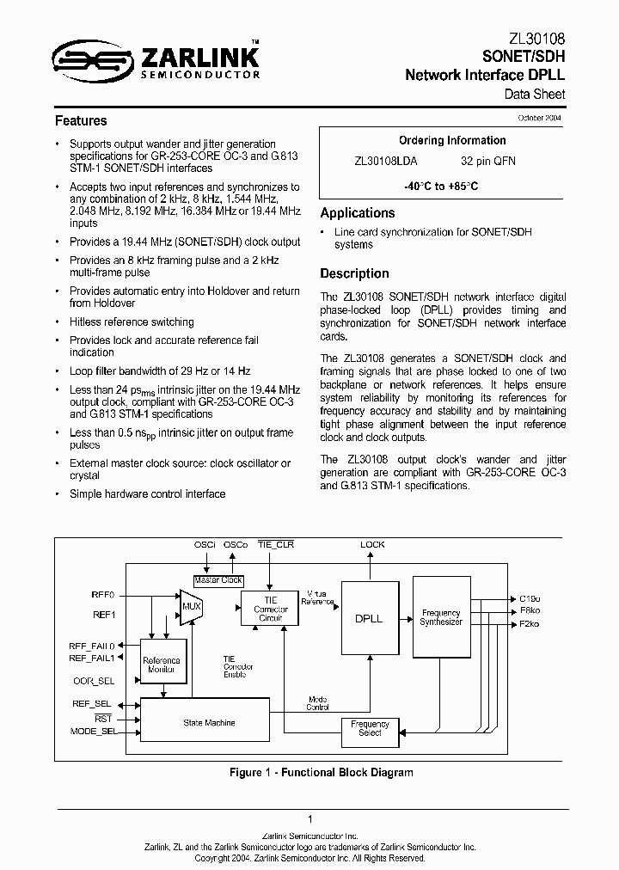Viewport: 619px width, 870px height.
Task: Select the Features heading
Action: pyautogui.click(x=81, y=121)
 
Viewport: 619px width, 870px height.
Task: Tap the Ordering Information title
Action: pyautogui.click(x=452, y=140)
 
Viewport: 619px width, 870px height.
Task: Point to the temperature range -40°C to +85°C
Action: pyautogui.click(x=441, y=186)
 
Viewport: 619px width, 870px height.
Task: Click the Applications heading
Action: pyautogui.click(x=358, y=213)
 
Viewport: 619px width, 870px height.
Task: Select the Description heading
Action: pyautogui.click(x=354, y=273)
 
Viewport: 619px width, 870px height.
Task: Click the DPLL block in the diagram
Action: pyautogui.click(x=369, y=618)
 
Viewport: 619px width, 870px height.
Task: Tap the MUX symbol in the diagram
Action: pyautogui.click(x=189, y=609)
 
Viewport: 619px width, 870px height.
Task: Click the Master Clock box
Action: pyautogui.click(x=218, y=580)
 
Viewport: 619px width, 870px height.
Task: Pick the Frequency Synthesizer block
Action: pyautogui.click(x=442, y=617)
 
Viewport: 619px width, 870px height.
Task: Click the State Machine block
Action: pyautogui.click(x=209, y=723)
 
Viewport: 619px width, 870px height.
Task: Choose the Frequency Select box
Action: pyautogui.click(x=371, y=729)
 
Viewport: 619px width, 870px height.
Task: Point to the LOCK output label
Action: pyautogui.click(x=372, y=544)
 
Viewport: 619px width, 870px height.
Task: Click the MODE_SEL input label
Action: pyautogui.click(x=93, y=731)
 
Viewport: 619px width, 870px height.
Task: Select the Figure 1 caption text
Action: pyautogui.click(x=321, y=772)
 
